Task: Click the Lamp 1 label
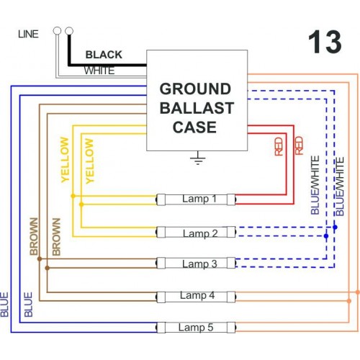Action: (199, 199)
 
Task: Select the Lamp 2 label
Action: (200, 233)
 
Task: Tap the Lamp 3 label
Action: (199, 264)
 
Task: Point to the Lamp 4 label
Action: (197, 295)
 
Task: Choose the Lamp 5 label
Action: (196, 328)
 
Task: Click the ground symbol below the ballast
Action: (197, 158)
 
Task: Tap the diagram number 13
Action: (325, 42)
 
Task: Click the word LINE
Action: (28, 34)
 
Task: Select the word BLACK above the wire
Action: (104, 55)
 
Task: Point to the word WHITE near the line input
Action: (99, 71)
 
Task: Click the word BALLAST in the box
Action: (197, 108)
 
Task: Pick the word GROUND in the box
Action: (195, 89)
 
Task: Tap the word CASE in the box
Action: (194, 127)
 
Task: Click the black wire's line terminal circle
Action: (69, 31)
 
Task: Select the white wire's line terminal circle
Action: (57, 31)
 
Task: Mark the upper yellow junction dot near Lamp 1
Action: (73, 196)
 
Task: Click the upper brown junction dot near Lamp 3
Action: (40, 259)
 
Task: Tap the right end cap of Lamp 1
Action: (231, 199)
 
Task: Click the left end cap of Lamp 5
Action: (161, 328)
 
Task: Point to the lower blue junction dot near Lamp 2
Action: (326, 236)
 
